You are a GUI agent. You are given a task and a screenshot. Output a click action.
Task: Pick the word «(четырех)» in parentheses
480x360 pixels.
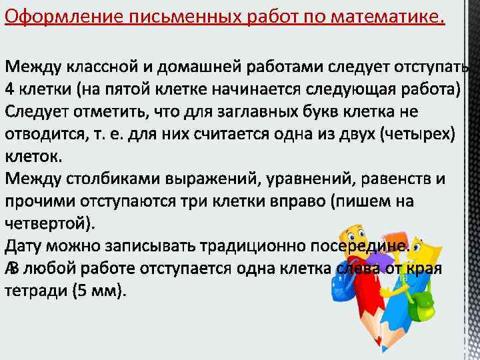[417, 134]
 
